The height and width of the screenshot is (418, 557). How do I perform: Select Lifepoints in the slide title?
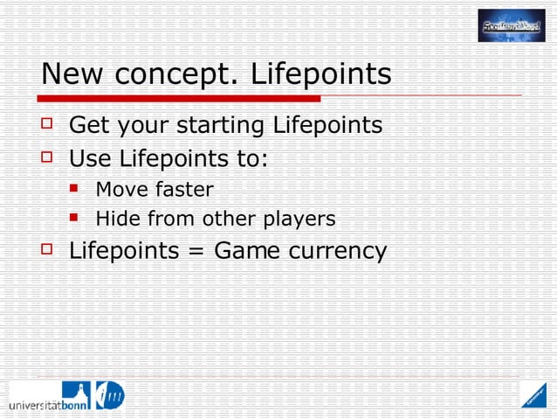click(x=321, y=76)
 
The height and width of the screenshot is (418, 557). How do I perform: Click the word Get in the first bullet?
click(x=88, y=126)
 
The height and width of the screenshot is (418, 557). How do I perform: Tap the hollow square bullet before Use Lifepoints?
click(x=48, y=159)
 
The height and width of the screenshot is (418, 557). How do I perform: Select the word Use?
click(x=90, y=159)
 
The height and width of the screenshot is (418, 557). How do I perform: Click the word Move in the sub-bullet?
click(x=118, y=189)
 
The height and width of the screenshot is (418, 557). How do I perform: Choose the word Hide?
click(x=114, y=219)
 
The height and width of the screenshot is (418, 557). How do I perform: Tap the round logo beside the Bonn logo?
click(x=107, y=396)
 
